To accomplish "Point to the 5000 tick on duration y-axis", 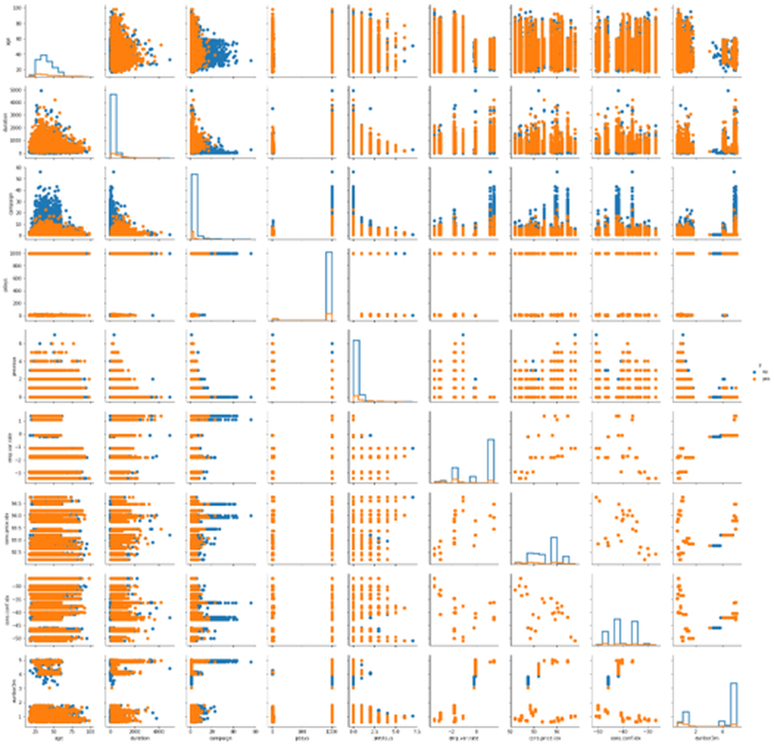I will [x=19, y=90].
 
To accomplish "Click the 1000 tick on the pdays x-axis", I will [x=331, y=729].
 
